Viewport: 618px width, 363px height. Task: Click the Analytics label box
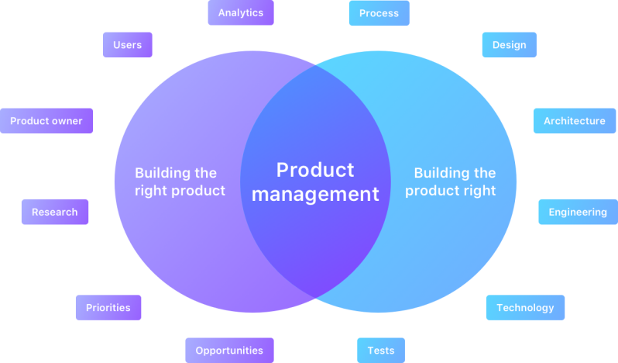click(x=240, y=13)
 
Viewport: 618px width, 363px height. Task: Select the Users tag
click(x=127, y=45)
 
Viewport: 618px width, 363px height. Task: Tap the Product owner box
click(x=46, y=121)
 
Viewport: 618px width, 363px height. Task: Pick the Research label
click(x=54, y=213)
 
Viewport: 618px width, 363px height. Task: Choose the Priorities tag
click(x=108, y=308)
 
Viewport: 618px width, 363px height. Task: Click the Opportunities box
click(x=229, y=351)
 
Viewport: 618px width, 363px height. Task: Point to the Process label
click(x=379, y=13)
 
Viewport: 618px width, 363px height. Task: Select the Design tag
click(x=509, y=45)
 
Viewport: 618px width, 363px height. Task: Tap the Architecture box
click(x=574, y=121)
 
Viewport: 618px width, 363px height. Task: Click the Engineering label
click(x=578, y=213)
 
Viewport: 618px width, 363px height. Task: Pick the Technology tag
click(x=525, y=308)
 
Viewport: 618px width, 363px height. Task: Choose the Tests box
click(x=380, y=351)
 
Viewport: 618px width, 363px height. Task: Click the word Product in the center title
click(x=315, y=170)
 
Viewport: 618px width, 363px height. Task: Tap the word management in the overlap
click(x=315, y=194)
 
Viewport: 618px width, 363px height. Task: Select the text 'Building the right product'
click(x=180, y=181)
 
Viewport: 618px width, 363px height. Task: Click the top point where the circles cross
click(x=315, y=67)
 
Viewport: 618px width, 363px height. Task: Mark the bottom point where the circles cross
click(x=315, y=296)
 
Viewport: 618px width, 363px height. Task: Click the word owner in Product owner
click(x=68, y=121)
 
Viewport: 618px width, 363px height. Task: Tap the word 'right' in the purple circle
click(x=151, y=191)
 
